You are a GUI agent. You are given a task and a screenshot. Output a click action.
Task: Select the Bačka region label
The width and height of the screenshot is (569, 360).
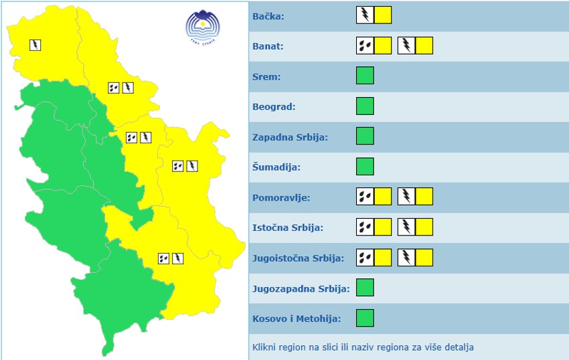pos(268,16)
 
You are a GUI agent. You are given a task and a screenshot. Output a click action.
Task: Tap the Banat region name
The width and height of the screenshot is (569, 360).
pos(268,46)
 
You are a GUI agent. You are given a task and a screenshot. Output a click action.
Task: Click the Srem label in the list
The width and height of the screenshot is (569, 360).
pos(266,76)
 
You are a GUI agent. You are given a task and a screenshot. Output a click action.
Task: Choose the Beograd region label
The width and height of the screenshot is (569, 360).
pos(274,106)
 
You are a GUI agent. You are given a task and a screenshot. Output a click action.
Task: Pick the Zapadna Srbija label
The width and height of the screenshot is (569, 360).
pos(290,137)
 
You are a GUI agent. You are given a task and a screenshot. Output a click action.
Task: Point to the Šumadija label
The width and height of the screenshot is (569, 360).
pos(276,167)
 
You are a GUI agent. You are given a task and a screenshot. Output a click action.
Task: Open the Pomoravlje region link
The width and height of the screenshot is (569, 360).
pos(282,197)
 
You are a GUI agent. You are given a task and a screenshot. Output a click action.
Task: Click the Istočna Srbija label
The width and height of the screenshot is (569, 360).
pos(288,228)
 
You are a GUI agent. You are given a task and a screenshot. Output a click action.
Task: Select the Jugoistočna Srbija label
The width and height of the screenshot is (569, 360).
pos(299,258)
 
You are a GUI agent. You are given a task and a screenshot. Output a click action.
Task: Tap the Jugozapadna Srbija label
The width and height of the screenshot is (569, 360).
pos(301,288)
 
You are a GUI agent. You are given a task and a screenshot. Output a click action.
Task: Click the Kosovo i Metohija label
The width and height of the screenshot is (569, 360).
pos(297,319)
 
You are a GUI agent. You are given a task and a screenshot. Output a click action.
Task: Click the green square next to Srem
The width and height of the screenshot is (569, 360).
pos(365,76)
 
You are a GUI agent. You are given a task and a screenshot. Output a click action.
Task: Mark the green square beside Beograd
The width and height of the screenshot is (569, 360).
pos(365,106)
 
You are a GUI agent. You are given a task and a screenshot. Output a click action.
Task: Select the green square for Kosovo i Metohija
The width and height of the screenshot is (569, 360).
pos(365,318)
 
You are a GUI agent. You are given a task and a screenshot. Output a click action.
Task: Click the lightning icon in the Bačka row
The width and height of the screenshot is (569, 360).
pos(365,15)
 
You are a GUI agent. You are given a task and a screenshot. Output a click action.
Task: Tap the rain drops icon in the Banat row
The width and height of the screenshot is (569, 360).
pos(365,46)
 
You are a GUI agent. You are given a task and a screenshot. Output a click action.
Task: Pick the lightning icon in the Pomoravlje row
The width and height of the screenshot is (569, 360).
pos(406,197)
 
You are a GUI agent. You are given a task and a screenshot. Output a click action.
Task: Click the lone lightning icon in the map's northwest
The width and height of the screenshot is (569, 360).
pos(35,45)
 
